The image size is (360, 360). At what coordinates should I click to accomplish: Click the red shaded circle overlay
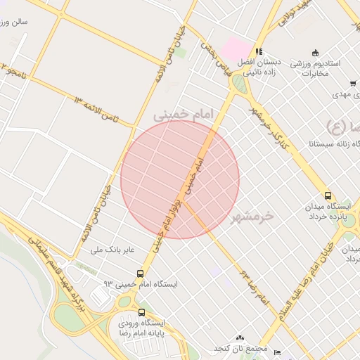tap(180, 180)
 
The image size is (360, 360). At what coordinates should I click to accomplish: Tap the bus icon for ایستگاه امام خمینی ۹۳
tap(141, 273)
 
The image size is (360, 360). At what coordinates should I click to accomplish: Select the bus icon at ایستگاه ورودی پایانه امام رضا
tap(142, 312)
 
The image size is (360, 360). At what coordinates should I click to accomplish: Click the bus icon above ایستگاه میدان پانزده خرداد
tap(328, 195)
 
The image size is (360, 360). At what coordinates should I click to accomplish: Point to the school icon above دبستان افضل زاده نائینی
tap(259, 51)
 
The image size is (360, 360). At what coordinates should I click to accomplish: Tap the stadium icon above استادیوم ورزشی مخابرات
tap(314, 53)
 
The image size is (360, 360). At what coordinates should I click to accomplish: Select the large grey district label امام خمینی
tap(181, 113)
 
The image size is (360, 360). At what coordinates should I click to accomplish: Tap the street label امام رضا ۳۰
tap(254, 285)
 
